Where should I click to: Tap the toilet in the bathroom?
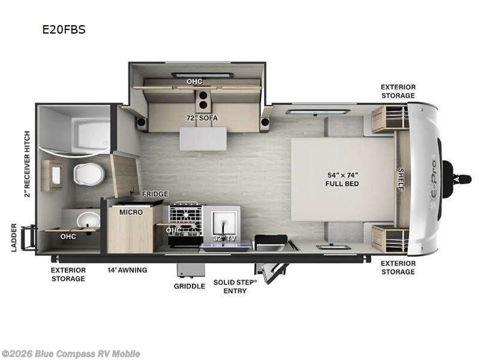[88, 174]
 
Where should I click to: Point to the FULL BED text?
[343, 184]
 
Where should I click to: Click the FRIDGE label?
[154, 194]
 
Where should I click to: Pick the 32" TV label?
[223, 238]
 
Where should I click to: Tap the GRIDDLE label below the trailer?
[189, 286]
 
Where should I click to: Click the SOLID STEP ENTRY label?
[235, 286]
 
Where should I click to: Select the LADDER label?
[14, 238]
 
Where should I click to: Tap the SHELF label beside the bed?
[401, 178]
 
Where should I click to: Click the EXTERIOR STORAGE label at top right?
[397, 91]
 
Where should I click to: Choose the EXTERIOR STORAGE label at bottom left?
[68, 274]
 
